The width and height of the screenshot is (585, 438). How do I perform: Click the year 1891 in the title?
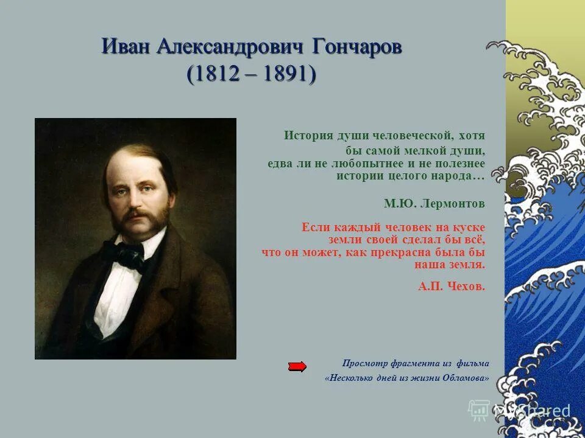[x=285, y=74]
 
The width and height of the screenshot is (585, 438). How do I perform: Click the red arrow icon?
[x=297, y=366]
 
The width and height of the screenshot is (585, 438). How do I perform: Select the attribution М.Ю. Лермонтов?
[x=434, y=203]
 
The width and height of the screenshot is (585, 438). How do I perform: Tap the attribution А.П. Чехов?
[x=452, y=287]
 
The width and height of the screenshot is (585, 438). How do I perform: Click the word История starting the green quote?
[x=308, y=136]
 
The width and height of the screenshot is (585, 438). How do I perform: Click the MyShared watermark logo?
[x=521, y=410]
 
